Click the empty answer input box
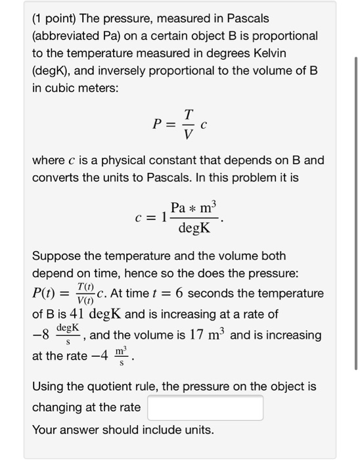[x=206, y=407]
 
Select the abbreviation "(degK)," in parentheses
[x=53, y=69]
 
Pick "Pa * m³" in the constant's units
[x=192, y=208]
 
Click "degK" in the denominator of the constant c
[x=194, y=229]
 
